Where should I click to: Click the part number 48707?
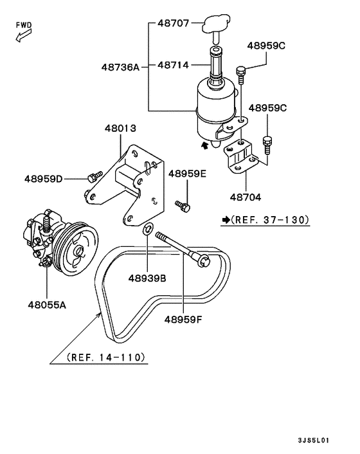(174, 24)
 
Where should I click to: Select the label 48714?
(174, 66)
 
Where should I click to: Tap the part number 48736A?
(120, 66)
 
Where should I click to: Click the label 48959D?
(44, 178)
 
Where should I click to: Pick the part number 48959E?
(187, 174)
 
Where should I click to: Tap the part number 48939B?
(147, 278)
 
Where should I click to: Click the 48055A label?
(46, 305)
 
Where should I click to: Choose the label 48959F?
(183, 318)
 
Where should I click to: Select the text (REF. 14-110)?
(105, 357)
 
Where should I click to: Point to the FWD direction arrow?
(21, 36)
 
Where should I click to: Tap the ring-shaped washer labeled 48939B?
(147, 228)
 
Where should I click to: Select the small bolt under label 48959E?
(184, 206)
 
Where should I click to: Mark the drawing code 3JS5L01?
(314, 440)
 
